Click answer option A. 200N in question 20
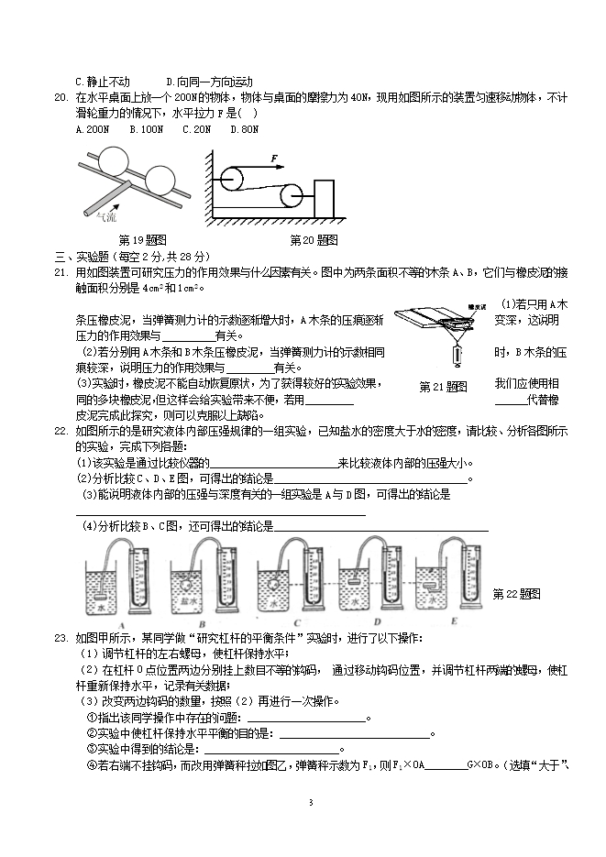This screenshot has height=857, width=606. pos(92,130)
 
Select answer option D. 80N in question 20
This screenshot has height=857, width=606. pos(244,130)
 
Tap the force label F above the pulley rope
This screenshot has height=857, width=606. pos(275,159)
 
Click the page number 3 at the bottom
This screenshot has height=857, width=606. pos(311,803)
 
